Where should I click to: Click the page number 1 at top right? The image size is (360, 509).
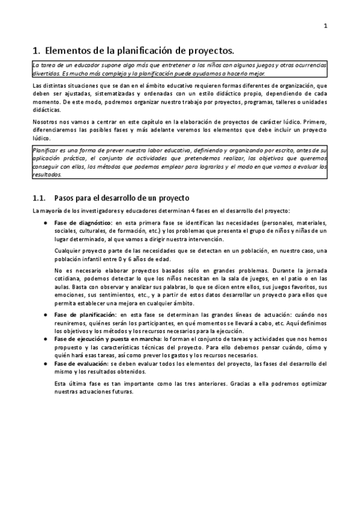[325, 26]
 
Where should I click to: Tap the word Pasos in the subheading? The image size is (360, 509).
[67, 197]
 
